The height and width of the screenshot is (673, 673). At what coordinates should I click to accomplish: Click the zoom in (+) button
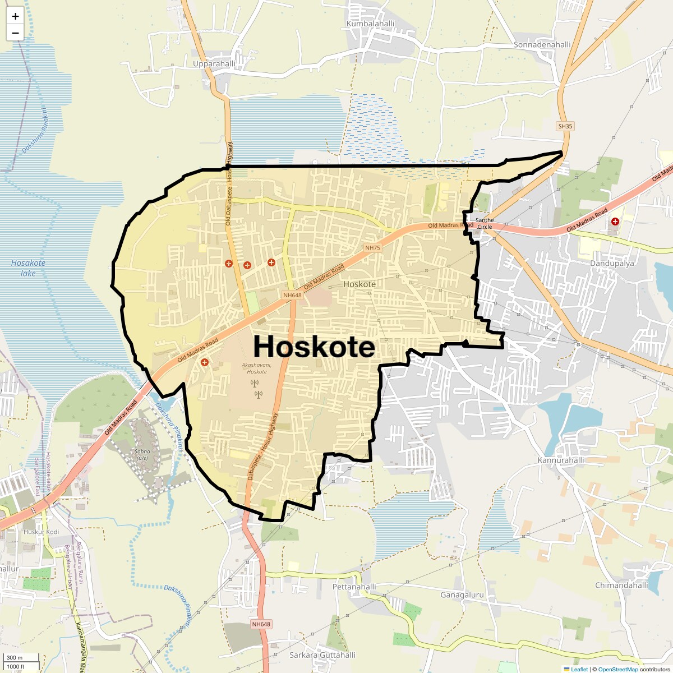[x=15, y=16]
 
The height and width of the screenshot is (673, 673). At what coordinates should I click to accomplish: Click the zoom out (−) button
[x=15, y=33]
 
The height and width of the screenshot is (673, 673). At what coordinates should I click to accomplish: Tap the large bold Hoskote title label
[x=314, y=347]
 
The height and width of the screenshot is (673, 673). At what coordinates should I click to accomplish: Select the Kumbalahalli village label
[x=370, y=24]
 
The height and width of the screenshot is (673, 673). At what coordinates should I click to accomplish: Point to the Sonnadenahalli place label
[x=542, y=44]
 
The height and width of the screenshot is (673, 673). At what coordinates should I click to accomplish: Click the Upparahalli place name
[x=214, y=64]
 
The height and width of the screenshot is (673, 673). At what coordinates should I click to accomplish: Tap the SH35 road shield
[x=565, y=126]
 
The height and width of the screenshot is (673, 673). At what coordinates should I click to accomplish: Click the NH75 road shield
[x=372, y=248]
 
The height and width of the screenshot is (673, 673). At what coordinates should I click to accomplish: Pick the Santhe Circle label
[x=485, y=223]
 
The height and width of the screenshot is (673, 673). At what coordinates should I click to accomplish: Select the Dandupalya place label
[x=612, y=263]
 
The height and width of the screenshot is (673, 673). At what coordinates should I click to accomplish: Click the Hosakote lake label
[x=28, y=268]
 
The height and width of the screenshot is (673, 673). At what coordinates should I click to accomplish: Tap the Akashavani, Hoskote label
[x=256, y=368]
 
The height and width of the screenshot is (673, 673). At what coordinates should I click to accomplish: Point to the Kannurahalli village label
[x=561, y=460]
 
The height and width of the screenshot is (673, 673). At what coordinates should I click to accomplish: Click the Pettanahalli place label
[x=354, y=587]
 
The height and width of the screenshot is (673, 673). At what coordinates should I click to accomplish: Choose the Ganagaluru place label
[x=462, y=594]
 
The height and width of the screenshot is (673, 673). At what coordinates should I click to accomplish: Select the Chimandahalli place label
[x=621, y=585]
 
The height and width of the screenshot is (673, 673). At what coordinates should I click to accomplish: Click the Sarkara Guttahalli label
[x=322, y=655]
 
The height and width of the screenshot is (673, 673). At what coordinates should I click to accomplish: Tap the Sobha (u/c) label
[x=142, y=454]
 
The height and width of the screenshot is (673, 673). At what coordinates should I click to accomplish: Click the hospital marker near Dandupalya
[x=615, y=222]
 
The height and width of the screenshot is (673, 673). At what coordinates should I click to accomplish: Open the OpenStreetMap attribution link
[x=618, y=669]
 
